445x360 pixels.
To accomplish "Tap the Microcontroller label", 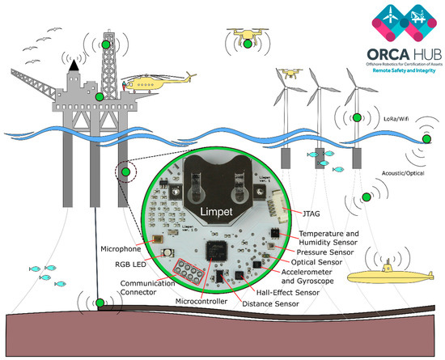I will tap(206, 302).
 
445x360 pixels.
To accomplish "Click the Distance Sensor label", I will tap(273, 304).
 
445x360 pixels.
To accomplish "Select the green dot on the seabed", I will tap(100, 303).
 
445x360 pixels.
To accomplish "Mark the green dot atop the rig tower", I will tap(106, 45).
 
